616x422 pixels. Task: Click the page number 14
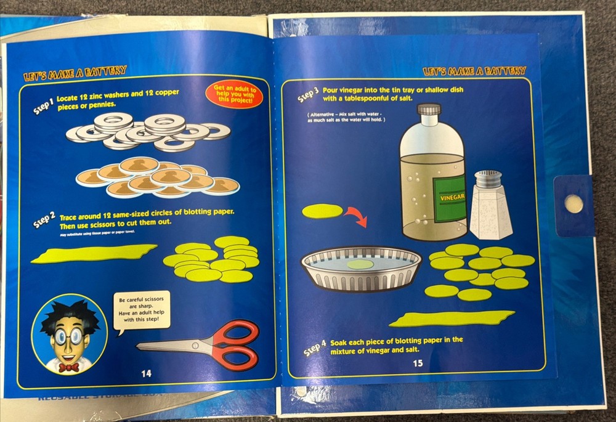[x=146, y=373]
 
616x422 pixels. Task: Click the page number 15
[x=418, y=363]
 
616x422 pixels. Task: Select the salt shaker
[x=490, y=206]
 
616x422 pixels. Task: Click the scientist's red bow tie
[x=68, y=367]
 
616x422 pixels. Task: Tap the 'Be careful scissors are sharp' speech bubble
[x=142, y=310]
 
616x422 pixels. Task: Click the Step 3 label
[x=308, y=94]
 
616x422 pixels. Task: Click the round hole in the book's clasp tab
[x=573, y=203]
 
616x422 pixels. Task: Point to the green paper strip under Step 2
[x=92, y=253]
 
